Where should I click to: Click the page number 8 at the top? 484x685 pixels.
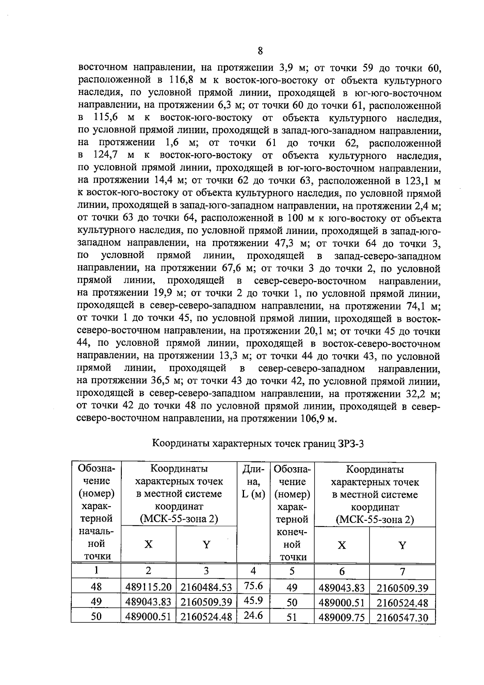pyautogui.click(x=260, y=51)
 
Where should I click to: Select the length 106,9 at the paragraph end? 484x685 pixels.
pyautogui.click(x=313, y=419)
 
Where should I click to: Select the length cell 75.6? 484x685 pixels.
pyautogui.click(x=254, y=586)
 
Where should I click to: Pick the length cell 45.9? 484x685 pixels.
pyautogui.click(x=254, y=601)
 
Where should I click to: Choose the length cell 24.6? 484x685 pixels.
pyautogui.click(x=254, y=616)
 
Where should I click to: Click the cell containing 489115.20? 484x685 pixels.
pyautogui.click(x=148, y=587)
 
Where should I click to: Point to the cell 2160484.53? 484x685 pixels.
pyautogui.click(x=206, y=587)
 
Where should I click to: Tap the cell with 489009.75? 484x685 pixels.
pyautogui.click(x=342, y=617)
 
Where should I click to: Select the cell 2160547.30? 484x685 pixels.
pyautogui.click(x=402, y=617)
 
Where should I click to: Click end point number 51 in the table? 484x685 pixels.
pyautogui.click(x=292, y=617)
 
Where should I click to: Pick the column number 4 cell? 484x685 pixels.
pyautogui.click(x=254, y=571)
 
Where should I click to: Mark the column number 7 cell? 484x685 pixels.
pyautogui.click(x=402, y=571)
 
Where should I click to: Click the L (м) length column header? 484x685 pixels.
pyautogui.click(x=254, y=494)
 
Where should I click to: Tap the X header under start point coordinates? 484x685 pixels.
pyautogui.click(x=149, y=545)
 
